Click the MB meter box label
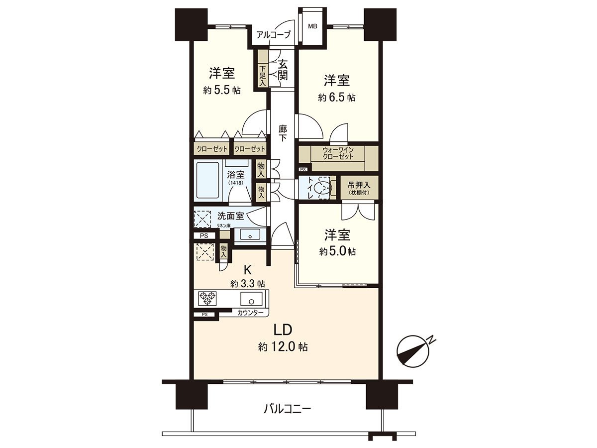[x=312, y=26]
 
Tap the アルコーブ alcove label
[x=273, y=35]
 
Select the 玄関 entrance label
[x=283, y=70]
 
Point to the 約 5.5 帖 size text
[x=222, y=91]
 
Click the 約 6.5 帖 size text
[x=337, y=98]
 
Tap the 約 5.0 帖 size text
[x=337, y=252]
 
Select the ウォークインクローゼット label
[x=338, y=152]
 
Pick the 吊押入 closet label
[x=359, y=187]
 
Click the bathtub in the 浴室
[x=207, y=181]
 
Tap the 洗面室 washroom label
[x=231, y=216]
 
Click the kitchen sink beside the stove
[x=251, y=299]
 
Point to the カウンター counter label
[x=250, y=313]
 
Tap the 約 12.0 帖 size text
[x=283, y=347]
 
